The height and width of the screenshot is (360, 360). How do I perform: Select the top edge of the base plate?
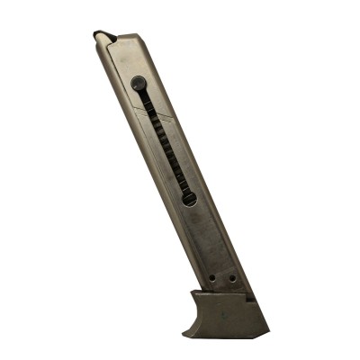225,294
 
